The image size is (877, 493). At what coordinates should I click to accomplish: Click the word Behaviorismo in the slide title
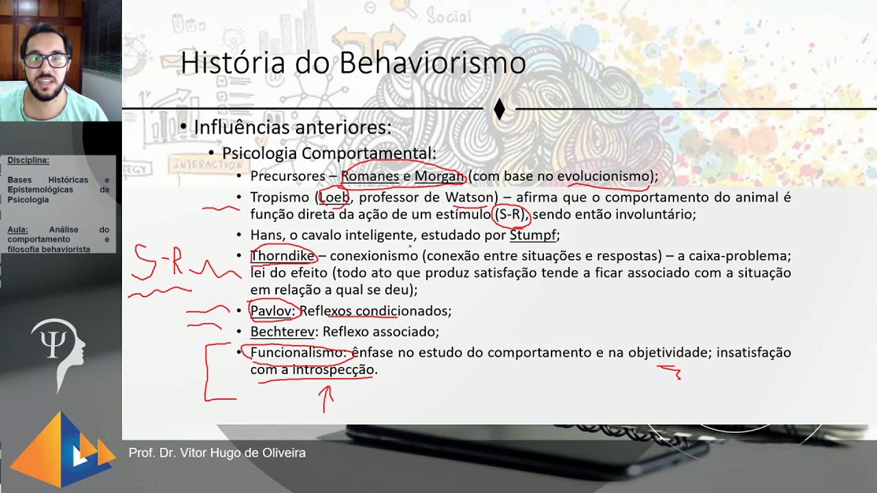[432, 63]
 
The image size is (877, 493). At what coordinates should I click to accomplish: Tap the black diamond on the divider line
[499, 109]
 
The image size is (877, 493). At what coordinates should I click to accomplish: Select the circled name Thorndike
[282, 256]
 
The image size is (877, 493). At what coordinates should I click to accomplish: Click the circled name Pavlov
[271, 311]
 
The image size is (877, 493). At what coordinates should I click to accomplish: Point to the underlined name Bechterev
[282, 332]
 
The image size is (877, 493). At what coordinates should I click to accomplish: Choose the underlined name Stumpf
[532, 236]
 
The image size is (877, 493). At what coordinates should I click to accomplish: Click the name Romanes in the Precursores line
[370, 177]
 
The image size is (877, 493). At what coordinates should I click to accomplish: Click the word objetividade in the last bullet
[670, 353]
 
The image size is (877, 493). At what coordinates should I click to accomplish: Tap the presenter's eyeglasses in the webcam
[47, 60]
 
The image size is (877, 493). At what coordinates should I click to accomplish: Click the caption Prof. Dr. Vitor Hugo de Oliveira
[217, 453]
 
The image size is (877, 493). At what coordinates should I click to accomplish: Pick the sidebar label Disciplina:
[28, 160]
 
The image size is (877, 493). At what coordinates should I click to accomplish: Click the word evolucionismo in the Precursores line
[603, 177]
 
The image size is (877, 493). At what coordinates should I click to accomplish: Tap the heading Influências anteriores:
[293, 128]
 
